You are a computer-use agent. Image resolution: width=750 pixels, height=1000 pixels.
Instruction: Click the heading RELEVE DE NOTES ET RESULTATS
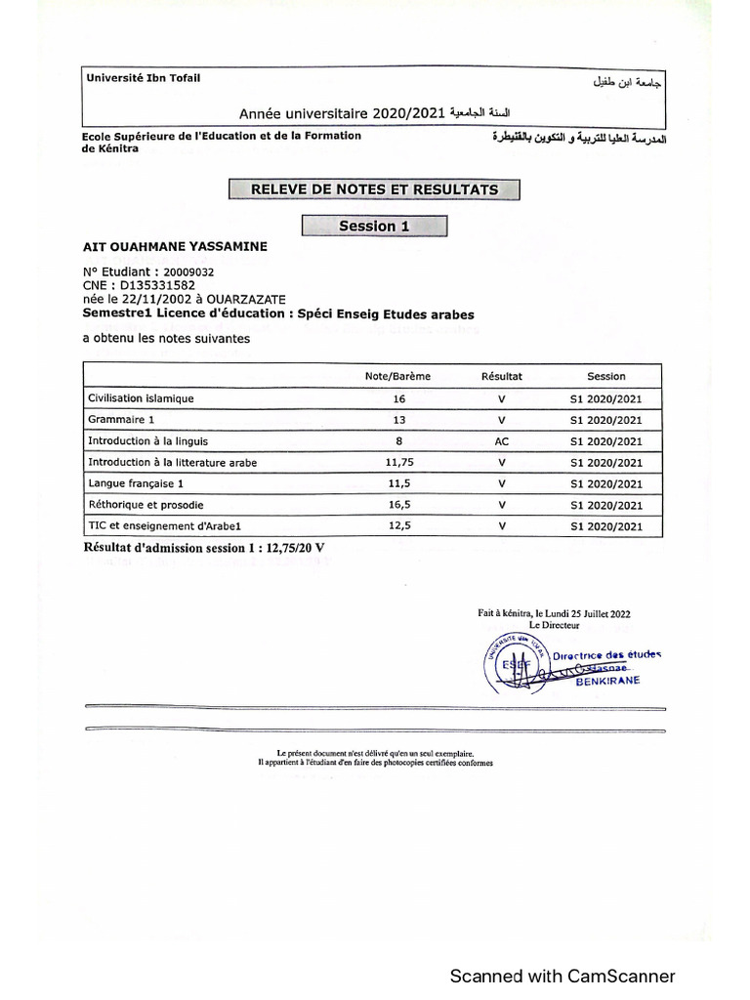[x=374, y=189]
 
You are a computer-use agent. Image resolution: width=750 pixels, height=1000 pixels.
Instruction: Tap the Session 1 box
[x=374, y=227]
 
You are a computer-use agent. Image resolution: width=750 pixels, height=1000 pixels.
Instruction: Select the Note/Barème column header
[x=397, y=376]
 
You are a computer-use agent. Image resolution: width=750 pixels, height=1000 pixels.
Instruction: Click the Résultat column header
[x=502, y=376]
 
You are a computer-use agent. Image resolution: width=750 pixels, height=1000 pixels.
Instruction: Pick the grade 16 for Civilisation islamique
[x=398, y=398]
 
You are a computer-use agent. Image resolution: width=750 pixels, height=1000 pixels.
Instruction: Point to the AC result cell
[x=502, y=441]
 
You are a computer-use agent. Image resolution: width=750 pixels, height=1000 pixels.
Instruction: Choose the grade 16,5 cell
[x=398, y=505]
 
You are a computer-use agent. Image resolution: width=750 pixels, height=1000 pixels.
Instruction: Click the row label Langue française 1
[x=136, y=483]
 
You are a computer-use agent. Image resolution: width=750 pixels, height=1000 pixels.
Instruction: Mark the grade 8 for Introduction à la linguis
[x=398, y=441]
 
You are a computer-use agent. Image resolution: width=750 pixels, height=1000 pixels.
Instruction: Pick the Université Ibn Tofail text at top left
[x=143, y=78]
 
